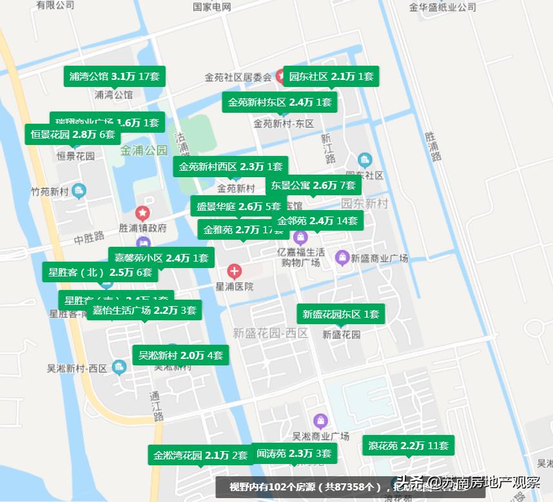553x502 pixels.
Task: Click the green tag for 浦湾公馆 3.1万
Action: click(114, 77)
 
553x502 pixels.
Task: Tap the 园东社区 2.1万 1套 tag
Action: click(331, 77)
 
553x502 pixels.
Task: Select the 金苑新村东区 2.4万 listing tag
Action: click(279, 102)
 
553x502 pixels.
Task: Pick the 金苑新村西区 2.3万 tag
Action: click(230, 167)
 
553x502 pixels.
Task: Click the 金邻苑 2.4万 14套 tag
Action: click(317, 221)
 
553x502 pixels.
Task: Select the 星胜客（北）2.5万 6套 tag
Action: click(100, 273)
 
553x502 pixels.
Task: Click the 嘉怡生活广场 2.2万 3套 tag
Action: click(144, 311)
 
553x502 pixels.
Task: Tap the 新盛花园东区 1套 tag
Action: click(341, 314)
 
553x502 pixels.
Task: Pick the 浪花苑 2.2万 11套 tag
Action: click(407, 445)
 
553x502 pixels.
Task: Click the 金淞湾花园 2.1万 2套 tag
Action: click(200, 455)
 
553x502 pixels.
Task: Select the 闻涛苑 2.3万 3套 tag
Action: click(294, 454)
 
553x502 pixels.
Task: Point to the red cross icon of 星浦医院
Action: click(235, 271)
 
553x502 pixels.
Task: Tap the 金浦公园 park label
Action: click(143, 151)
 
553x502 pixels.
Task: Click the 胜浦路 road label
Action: click(433, 147)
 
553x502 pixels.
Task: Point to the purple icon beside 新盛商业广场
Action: click(342, 258)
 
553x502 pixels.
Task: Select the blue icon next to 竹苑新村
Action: click(79, 190)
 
